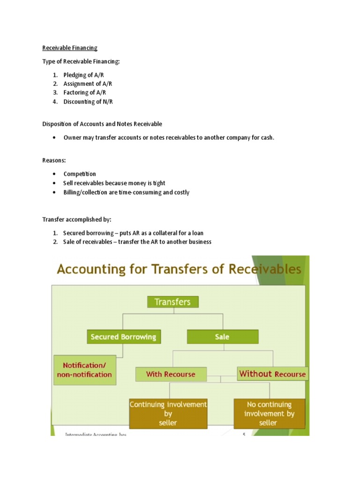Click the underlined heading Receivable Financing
coord(70,47)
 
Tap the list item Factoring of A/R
coord(84,92)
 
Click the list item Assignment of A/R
coord(88,84)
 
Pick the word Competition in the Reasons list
coord(80,174)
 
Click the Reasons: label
coord(54,160)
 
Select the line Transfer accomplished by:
coord(77,219)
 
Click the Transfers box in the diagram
coord(173,302)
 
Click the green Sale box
coord(222,337)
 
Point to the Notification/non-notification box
coord(84,369)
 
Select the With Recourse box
coord(172,374)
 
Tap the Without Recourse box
coord(272,374)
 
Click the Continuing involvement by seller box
coord(168,413)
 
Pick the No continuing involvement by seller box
coord(269,413)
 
